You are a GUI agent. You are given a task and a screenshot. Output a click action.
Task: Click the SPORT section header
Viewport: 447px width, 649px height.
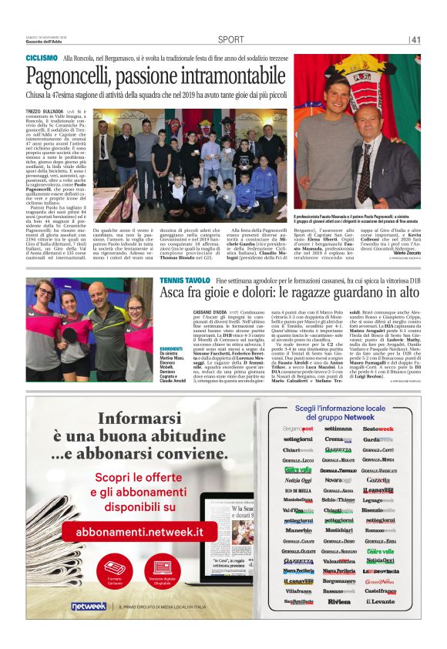click(x=230, y=39)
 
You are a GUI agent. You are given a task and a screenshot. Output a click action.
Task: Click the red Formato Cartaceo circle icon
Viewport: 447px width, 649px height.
click(x=115, y=570)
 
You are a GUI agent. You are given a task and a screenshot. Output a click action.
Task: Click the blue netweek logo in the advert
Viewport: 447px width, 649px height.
click(x=89, y=607)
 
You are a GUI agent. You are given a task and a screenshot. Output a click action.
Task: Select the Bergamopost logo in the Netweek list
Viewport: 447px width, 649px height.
click(x=297, y=428)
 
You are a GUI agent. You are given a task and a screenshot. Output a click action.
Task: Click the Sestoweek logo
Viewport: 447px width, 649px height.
click(x=378, y=428)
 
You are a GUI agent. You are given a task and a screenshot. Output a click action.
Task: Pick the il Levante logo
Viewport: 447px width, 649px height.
click(x=378, y=600)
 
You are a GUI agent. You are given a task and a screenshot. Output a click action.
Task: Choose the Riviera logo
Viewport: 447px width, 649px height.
click(x=338, y=600)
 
